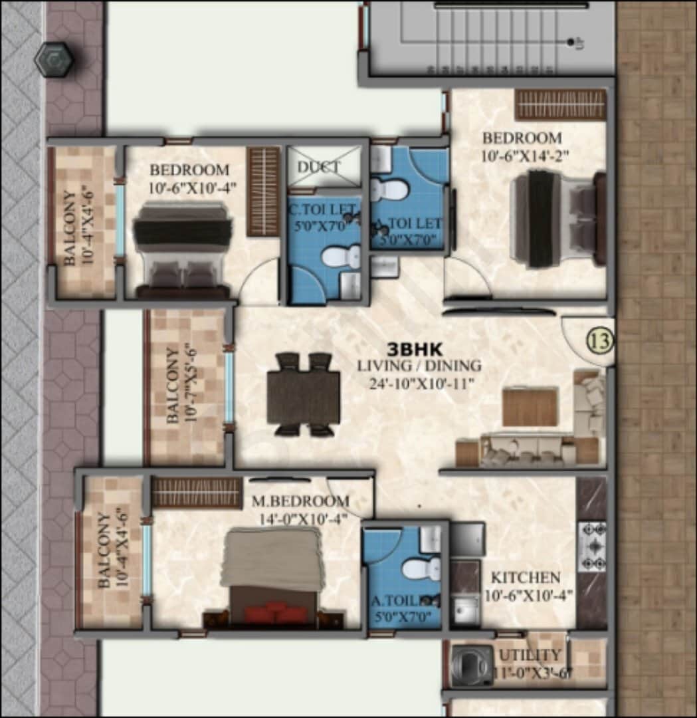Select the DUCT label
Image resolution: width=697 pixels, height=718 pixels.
pyautogui.click(x=318, y=166)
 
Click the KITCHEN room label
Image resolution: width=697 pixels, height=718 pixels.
pyautogui.click(x=525, y=577)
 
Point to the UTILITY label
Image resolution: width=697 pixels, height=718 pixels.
pyautogui.click(x=530, y=656)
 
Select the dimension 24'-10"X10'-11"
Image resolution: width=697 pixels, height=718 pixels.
pyautogui.click(x=419, y=383)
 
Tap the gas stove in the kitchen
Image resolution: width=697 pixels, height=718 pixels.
pyautogui.click(x=591, y=546)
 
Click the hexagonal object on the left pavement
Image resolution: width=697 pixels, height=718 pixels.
pyautogui.click(x=54, y=60)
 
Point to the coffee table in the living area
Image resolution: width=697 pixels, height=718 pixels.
pyautogui.click(x=530, y=407)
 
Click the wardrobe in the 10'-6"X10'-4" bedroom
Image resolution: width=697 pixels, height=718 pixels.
pyautogui.click(x=264, y=192)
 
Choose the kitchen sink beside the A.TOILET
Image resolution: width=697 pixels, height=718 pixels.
pyautogui.click(x=465, y=607)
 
